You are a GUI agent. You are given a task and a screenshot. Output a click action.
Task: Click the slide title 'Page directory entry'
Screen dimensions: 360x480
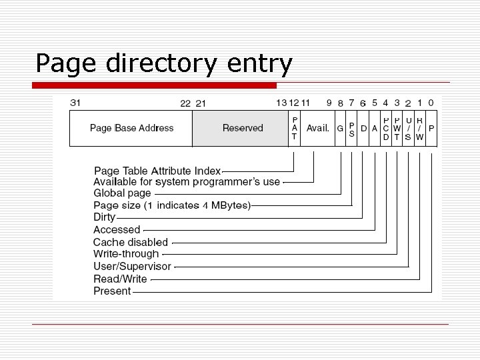(x=164, y=64)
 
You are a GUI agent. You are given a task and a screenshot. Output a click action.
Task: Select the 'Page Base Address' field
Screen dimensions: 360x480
(x=131, y=128)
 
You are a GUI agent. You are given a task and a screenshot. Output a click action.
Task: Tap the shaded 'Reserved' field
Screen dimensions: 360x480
(x=243, y=128)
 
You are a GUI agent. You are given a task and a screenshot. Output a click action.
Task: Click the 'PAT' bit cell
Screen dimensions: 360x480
(x=294, y=128)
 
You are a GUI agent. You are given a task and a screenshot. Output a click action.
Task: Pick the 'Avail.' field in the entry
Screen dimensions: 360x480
(x=317, y=128)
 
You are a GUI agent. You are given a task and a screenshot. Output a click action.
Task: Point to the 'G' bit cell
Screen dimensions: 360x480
(x=340, y=128)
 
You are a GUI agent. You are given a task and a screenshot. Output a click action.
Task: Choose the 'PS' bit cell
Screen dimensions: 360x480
(x=351, y=128)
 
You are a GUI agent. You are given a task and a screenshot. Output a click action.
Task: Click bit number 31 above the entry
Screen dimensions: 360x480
(x=75, y=103)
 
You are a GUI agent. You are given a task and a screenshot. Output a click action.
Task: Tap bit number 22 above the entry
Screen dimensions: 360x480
(x=185, y=103)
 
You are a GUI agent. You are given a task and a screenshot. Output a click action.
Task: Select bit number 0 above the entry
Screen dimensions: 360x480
(x=431, y=103)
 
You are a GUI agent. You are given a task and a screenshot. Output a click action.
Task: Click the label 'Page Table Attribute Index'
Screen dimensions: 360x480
(x=157, y=171)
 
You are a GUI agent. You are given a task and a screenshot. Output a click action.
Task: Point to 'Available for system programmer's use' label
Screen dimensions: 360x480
(x=187, y=181)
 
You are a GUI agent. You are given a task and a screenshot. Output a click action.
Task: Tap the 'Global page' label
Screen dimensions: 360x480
(x=122, y=193)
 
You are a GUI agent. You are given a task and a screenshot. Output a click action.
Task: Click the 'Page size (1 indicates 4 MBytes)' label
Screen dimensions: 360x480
(x=172, y=205)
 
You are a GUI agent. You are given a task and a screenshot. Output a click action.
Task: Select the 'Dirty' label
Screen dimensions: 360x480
(x=104, y=217)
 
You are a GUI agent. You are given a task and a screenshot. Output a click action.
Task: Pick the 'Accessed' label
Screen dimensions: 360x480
(x=117, y=230)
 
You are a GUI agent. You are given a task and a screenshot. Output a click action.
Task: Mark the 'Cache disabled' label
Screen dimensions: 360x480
(x=131, y=242)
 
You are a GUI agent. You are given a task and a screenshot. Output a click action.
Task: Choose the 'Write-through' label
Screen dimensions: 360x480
(x=126, y=254)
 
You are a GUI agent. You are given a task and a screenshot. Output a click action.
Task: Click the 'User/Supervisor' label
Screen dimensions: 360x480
(x=132, y=266)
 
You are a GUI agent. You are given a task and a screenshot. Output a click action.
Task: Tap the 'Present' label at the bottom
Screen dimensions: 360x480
(x=112, y=291)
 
